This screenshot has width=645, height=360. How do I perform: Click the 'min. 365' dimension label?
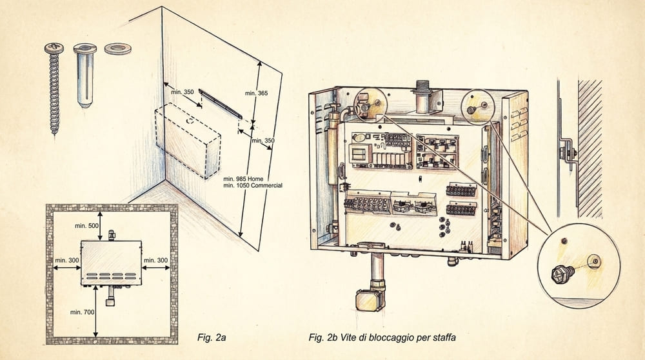pyautogui.click(x=256, y=94)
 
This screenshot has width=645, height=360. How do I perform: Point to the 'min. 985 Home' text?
pyautogui.click(x=243, y=179)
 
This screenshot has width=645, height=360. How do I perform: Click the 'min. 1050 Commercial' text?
pyautogui.click(x=253, y=186)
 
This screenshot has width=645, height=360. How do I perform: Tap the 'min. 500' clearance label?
pyautogui.click(x=86, y=226)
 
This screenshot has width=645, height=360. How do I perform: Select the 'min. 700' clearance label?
pyautogui.click(x=83, y=312)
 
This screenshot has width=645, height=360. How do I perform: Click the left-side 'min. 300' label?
pyautogui.click(x=67, y=261)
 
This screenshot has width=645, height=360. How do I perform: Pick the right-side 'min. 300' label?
pyautogui.click(x=155, y=261)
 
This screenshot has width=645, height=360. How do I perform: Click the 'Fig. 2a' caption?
pyautogui.click(x=212, y=338)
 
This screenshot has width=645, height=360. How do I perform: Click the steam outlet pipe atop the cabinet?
pyautogui.click(x=422, y=97)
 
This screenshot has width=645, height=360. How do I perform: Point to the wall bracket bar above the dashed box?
pyautogui.click(x=221, y=104)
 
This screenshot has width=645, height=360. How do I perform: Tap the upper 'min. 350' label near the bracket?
pyautogui.click(x=183, y=92)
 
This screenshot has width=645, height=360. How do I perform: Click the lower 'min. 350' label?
pyautogui.click(x=263, y=141)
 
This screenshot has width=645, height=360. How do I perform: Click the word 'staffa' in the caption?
pyautogui.click(x=444, y=338)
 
